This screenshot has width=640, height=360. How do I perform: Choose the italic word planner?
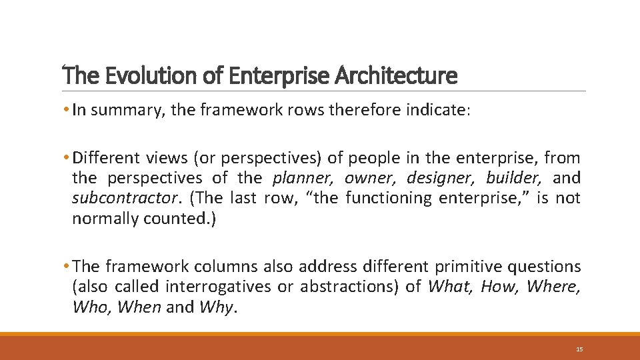[305, 178]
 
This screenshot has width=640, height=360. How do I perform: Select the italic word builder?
[511, 178]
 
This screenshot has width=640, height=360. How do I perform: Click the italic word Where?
[554, 287]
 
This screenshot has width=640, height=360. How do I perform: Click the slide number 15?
[579, 349]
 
